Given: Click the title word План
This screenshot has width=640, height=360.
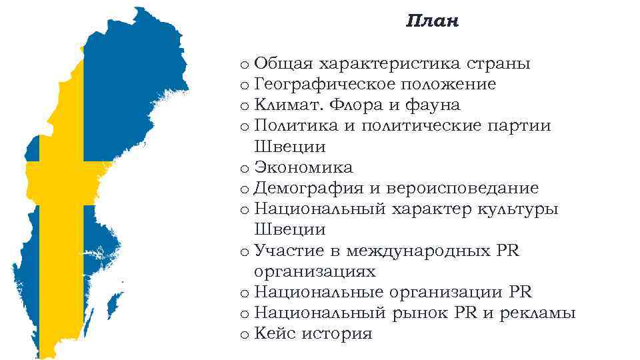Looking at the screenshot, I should pos(433,22).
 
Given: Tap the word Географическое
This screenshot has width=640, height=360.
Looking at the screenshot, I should pos(320,85).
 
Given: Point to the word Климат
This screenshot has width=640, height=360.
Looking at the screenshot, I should pos(284,105).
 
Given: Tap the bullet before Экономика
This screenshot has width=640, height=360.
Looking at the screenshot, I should pos(245,169).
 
